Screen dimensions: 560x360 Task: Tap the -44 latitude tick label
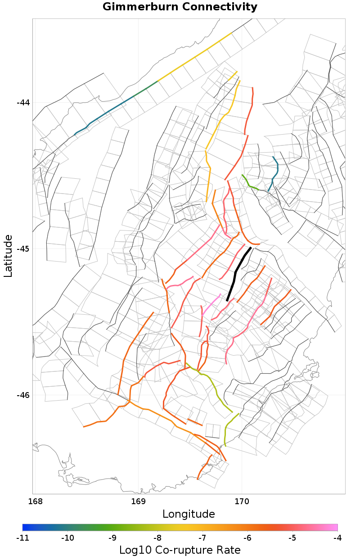(23, 103)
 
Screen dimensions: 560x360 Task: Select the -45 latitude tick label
(23, 249)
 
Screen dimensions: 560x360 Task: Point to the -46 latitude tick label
(23, 395)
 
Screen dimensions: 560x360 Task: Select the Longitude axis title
(189, 514)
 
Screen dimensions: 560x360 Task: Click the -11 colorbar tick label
(22, 537)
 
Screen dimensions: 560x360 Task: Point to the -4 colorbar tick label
(337, 537)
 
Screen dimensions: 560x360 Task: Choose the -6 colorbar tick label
(247, 537)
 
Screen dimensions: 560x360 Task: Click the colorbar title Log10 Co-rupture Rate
(180, 550)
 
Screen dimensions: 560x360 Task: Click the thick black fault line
(235, 272)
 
